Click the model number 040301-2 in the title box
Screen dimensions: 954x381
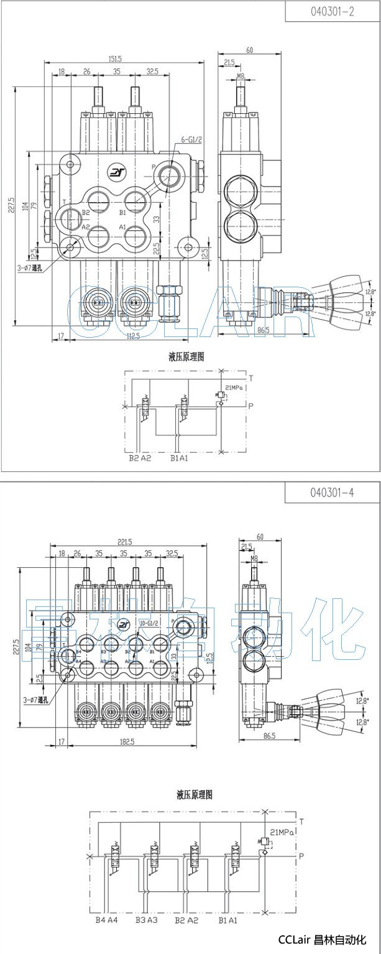(333, 11)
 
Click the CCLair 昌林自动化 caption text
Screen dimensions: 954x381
(322, 940)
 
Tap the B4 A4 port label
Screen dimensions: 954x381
(106, 920)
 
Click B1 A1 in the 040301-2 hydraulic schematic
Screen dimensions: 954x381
(180, 459)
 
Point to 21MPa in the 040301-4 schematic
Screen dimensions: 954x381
(282, 832)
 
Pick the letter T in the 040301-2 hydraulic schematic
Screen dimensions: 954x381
(251, 377)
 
